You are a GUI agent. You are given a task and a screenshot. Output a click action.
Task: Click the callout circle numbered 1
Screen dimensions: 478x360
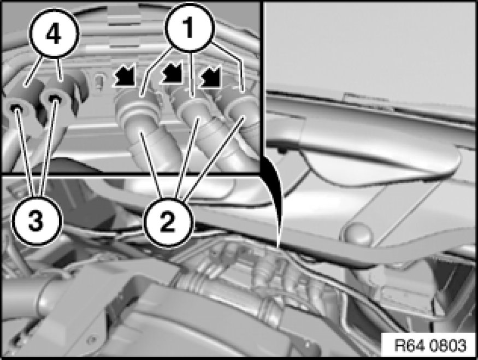(190, 27)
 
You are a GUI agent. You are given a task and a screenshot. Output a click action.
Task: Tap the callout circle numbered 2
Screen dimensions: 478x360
(168, 222)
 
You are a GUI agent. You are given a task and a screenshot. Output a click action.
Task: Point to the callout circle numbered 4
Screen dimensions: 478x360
(54, 33)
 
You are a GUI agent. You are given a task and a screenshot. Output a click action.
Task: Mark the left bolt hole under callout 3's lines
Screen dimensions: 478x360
(16, 108)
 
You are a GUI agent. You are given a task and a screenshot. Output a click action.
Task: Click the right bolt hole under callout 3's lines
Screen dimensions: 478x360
(55, 98)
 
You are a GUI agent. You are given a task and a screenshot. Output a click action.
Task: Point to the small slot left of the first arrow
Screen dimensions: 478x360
(98, 81)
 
